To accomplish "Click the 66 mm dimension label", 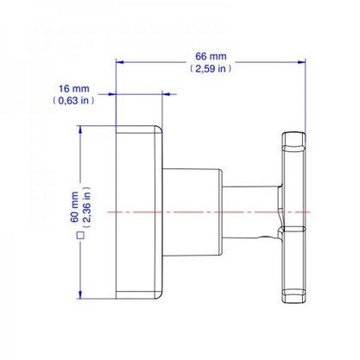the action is tap(211, 56).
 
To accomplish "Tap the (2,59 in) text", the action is tap(211, 68).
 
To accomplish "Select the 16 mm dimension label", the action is tap(74, 89).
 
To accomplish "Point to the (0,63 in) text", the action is tap(73, 100).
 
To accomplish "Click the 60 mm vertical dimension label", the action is tap(74, 207).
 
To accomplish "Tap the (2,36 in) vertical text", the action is tap(86, 207).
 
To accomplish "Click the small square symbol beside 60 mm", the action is tap(80, 236).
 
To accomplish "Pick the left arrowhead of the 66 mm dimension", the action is tap(119, 62).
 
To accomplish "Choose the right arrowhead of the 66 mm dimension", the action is tap(302, 62).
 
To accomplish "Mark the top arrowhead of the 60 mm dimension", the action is tap(80, 129).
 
